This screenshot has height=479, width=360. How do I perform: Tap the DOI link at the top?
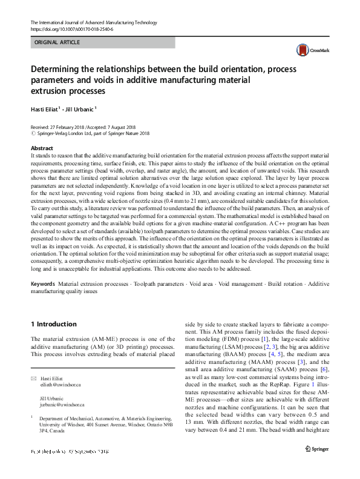click(71, 28)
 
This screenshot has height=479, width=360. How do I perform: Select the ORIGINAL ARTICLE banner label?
click(58, 42)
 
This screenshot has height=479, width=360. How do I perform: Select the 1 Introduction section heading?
click(53, 324)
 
